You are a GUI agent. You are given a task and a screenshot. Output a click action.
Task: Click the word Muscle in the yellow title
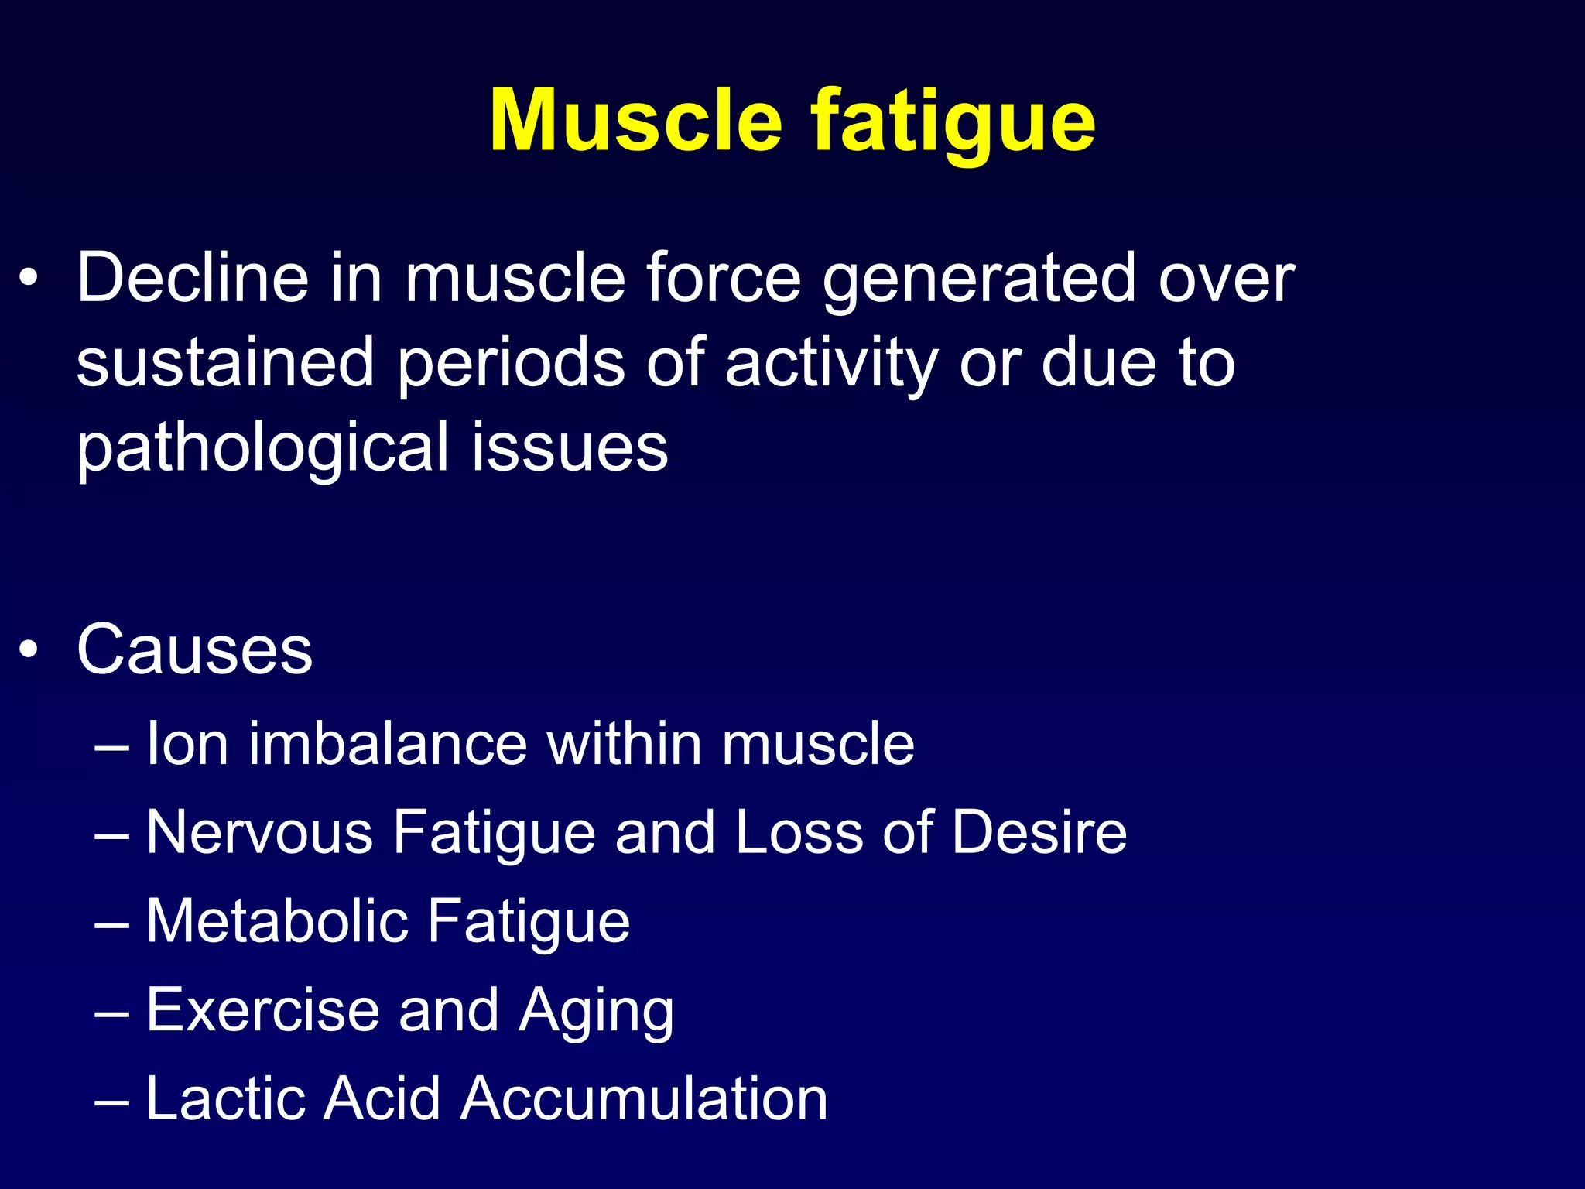point(636,121)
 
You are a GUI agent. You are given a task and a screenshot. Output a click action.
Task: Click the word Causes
point(194,649)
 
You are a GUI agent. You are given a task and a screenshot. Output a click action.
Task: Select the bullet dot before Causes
point(29,649)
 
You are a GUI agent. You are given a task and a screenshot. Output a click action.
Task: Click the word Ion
point(187,743)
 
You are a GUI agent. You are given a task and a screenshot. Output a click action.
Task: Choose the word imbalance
point(388,743)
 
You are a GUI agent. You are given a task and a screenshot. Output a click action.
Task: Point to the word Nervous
point(259,832)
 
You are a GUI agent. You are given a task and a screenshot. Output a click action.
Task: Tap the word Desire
point(1039,832)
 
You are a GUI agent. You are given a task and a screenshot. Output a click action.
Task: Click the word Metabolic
point(276,921)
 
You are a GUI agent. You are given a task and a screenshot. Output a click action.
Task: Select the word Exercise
point(262,1010)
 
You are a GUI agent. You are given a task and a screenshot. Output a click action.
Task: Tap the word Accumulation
point(644,1098)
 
